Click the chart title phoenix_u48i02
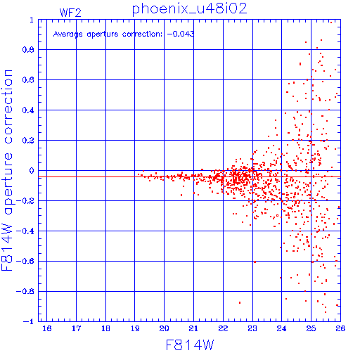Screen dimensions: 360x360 tap(190, 9)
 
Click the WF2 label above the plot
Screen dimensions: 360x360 tap(70, 13)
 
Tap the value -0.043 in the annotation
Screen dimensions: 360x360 tap(181, 34)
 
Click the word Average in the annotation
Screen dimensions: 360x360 tap(68, 34)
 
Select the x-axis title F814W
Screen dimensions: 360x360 tap(190, 345)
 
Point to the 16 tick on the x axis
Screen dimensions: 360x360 tap(47, 328)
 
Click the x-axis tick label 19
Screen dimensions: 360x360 tap(135, 328)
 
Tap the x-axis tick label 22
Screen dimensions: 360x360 tap(223, 328)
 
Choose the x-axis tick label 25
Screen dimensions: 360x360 tap(311, 328)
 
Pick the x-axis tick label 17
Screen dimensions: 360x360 tap(76, 328)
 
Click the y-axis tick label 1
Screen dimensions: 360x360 tap(32, 20)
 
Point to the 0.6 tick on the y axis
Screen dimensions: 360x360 tap(28, 80)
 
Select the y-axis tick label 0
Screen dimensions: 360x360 tap(32, 171)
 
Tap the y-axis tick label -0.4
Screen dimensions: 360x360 tap(25, 231)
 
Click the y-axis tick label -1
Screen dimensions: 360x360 tap(28, 321)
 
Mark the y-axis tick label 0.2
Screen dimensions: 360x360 tap(28, 141)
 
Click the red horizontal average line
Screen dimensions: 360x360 tap(189, 177)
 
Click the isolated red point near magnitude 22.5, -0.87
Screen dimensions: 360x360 tap(240, 302)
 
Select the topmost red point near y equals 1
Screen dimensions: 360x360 tap(331, 22)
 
